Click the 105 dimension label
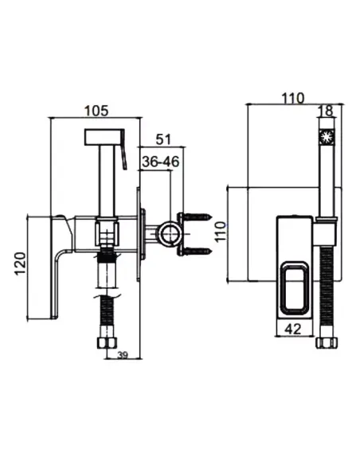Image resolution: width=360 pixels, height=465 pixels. coord(96,111)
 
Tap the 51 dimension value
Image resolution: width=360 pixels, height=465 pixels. coord(163,139)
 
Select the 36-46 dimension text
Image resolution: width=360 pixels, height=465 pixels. coord(161,162)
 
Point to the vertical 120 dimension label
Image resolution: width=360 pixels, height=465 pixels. coord(20,264)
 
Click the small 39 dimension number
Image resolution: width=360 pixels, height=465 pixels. coord(123,354)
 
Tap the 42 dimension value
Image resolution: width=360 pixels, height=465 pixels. coord(292,329)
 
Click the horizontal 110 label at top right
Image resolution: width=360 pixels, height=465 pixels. coord(293,98)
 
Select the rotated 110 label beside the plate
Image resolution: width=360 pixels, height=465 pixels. coord(221,232)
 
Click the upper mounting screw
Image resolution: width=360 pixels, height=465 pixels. coord(196,217)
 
